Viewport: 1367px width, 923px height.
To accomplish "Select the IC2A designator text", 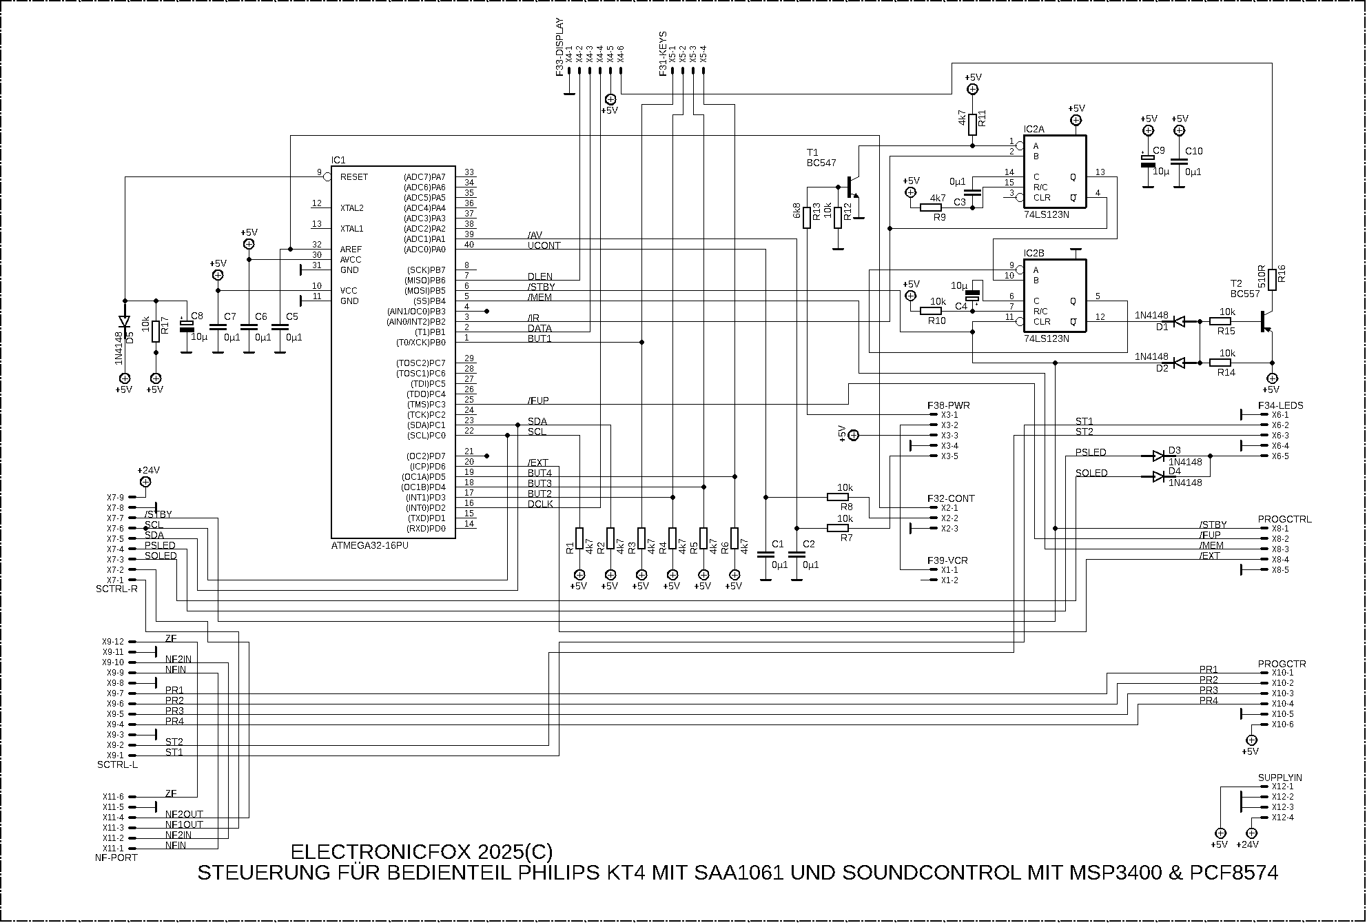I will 1034,129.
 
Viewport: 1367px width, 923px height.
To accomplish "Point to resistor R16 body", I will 1273,276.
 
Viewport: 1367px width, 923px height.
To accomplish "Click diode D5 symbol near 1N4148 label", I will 125,321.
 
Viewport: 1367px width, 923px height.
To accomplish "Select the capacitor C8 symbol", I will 185,326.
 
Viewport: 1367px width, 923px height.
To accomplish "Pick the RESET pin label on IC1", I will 353,177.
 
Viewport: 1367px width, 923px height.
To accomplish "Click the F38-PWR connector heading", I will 948,405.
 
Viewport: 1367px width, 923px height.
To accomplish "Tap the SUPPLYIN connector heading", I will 1279,778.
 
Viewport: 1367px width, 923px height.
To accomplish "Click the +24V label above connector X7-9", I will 148,470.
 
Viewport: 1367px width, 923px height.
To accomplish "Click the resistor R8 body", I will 837,497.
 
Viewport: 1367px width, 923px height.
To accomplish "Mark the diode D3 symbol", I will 1158,456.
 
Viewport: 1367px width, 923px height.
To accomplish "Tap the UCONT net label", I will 544,245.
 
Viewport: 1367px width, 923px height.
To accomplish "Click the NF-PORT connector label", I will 116,858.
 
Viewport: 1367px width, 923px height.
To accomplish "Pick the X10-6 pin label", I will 1282,724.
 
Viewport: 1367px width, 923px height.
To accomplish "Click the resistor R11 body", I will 972,125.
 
